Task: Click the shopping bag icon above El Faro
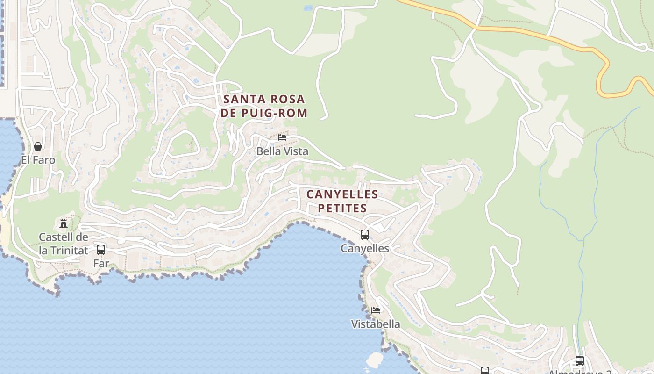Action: pyautogui.click(x=38, y=146)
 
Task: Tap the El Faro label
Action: pyautogui.click(x=38, y=160)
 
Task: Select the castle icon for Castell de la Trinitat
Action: pyautogui.click(x=64, y=223)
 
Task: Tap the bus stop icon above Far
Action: pyautogui.click(x=101, y=249)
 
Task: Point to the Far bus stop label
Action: pyautogui.click(x=101, y=263)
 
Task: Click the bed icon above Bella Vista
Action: pyautogui.click(x=282, y=137)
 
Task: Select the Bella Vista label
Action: pyautogui.click(x=282, y=151)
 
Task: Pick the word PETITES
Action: pyautogui.click(x=342, y=208)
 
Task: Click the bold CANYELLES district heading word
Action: pyautogui.click(x=342, y=194)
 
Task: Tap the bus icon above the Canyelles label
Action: pyautogui.click(x=365, y=234)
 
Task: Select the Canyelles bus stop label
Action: pyautogui.click(x=365, y=248)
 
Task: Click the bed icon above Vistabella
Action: pyautogui.click(x=376, y=310)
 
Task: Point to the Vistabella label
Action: pyautogui.click(x=376, y=324)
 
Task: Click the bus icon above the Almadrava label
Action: pyautogui.click(x=580, y=360)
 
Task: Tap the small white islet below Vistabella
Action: pyautogui.click(x=375, y=360)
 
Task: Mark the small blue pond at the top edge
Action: pyautogui.click(x=308, y=7)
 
